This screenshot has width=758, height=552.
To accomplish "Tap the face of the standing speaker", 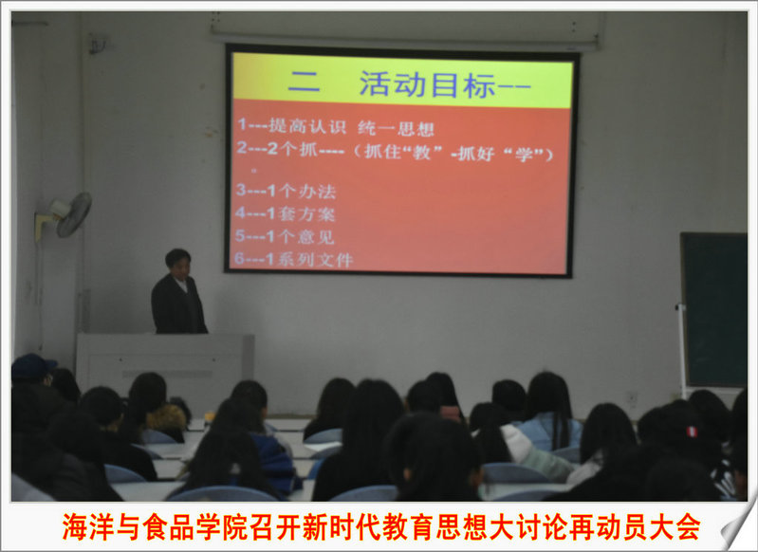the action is [x=178, y=266].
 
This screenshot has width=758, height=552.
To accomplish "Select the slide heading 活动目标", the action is [x=428, y=85].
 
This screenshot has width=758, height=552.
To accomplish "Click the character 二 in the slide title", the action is [x=304, y=83].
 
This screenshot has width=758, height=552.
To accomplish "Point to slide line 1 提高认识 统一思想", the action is [x=336, y=127].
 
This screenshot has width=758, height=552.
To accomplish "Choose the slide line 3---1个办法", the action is [x=286, y=191].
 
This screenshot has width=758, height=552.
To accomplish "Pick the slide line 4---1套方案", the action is [x=286, y=213].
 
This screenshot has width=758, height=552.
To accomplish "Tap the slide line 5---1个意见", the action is [x=285, y=236].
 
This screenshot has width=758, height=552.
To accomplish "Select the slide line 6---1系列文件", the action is [x=293, y=259].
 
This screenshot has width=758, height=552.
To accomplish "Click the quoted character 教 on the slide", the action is [x=421, y=153].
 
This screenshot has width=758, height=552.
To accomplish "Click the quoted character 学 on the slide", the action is [x=524, y=155].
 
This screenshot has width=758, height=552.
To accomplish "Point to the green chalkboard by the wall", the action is [x=714, y=310].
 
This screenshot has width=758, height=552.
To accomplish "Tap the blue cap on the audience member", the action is [x=32, y=366].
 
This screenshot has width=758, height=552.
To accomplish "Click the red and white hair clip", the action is [x=693, y=432].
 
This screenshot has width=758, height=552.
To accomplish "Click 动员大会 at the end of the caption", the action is [x=648, y=526].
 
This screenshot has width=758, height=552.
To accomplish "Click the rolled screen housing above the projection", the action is [x=407, y=30].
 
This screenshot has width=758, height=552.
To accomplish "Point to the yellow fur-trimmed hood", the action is [x=167, y=417].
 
